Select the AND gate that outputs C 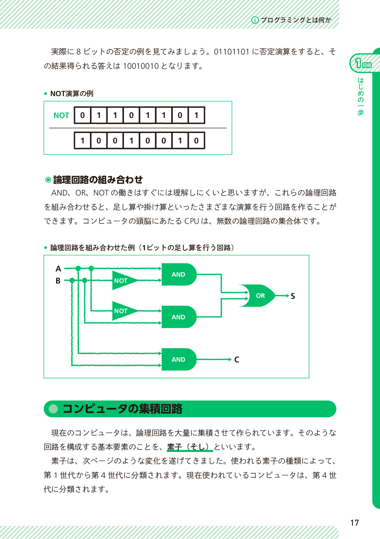click(178, 359)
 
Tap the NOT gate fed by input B click(122, 281)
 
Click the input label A click(58, 269)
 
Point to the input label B click(58, 281)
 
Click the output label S click(293, 296)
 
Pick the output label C click(237, 360)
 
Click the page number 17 click(355, 523)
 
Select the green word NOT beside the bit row click(61, 115)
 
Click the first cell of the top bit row click(83, 115)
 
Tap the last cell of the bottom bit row click(196, 141)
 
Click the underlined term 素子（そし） click(190, 447)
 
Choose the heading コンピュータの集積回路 click(122, 409)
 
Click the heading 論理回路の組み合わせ click(98, 180)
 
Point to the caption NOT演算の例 click(72, 94)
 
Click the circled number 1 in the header click(255, 20)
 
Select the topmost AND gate click(178, 274)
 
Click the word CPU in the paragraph click(191, 221)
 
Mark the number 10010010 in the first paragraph click(141, 66)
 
